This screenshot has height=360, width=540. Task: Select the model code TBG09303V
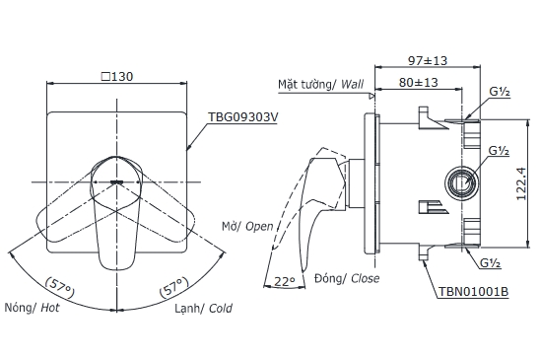tap(242, 117)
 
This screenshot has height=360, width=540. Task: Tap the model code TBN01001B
tap(473, 291)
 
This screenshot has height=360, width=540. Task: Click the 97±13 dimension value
tap(428, 61)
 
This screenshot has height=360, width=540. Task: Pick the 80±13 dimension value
tap(418, 83)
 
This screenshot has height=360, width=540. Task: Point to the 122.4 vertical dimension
tap(521, 183)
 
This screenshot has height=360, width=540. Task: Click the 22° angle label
tap(285, 281)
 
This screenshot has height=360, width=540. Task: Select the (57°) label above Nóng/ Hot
tap(59, 287)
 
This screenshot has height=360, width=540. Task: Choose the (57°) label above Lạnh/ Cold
tap(173, 287)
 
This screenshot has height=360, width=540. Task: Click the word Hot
tap(50, 308)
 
